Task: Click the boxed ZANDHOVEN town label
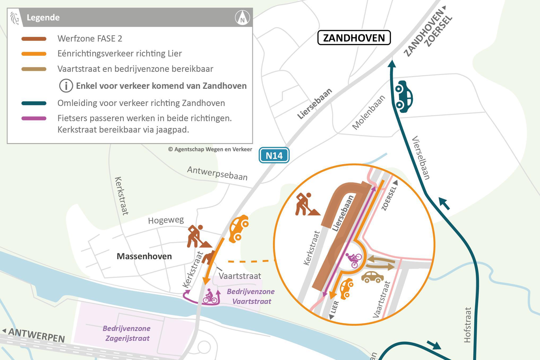tap(354, 38)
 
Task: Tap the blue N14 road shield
tap(274, 155)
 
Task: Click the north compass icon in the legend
tap(242, 18)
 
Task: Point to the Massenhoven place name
tap(144, 256)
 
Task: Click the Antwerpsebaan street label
tap(217, 173)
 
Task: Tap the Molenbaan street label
tap(368, 112)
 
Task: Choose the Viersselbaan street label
tap(421, 158)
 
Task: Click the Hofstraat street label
tap(468, 325)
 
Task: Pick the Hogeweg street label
tap(166, 220)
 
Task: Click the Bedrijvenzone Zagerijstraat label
tap(127, 333)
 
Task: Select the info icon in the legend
tap(66, 86)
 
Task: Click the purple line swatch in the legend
tap(34, 118)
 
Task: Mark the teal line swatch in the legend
tap(34, 103)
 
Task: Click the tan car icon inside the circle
tap(372, 277)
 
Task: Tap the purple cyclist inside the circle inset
tap(354, 259)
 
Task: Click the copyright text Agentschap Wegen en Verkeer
tap(210, 149)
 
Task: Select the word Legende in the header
tap(43, 18)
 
